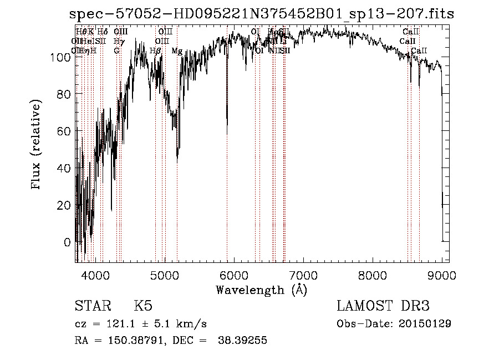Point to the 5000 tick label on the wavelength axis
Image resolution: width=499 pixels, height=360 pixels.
pos(164,275)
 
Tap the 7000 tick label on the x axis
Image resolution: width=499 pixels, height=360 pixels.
pos(303,275)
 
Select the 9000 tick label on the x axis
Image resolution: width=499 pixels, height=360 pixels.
pos(442,275)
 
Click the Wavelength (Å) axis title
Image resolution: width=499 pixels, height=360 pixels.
pos(261,290)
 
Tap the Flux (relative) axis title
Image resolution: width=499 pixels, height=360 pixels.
pos(37,145)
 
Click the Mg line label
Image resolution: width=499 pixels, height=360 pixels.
pos(177,51)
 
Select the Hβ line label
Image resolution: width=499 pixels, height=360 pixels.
pos(156,51)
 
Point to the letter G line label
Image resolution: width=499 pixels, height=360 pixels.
pos(116,51)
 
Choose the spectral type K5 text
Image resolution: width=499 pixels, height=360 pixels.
pos(143,307)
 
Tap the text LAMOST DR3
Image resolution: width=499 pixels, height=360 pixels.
pos(383,307)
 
